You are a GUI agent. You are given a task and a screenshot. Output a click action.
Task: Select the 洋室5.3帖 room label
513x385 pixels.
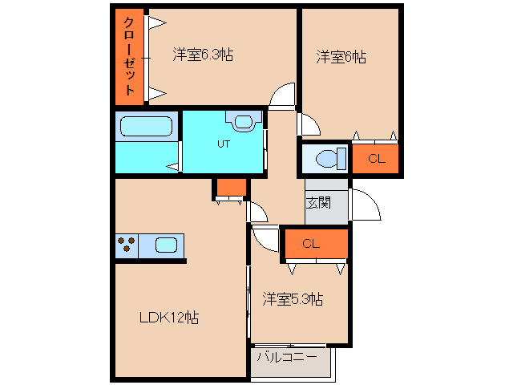293,299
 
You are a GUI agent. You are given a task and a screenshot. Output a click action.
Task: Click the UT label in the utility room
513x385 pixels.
224,145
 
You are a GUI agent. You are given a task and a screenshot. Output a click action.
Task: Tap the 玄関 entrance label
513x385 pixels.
317,203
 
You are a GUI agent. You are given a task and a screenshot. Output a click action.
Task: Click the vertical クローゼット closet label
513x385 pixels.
128,56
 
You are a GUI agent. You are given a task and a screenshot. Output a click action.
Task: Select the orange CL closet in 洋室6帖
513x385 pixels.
376,159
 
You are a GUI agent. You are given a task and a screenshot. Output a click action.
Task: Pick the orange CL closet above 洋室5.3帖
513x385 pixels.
313,245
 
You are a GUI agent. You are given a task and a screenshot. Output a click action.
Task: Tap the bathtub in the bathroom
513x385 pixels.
146,127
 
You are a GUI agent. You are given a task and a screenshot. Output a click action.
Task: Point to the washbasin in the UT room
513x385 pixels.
243,121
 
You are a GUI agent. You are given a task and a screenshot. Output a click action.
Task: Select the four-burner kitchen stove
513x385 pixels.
126,245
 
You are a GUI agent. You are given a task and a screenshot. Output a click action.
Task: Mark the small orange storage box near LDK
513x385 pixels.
231,188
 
